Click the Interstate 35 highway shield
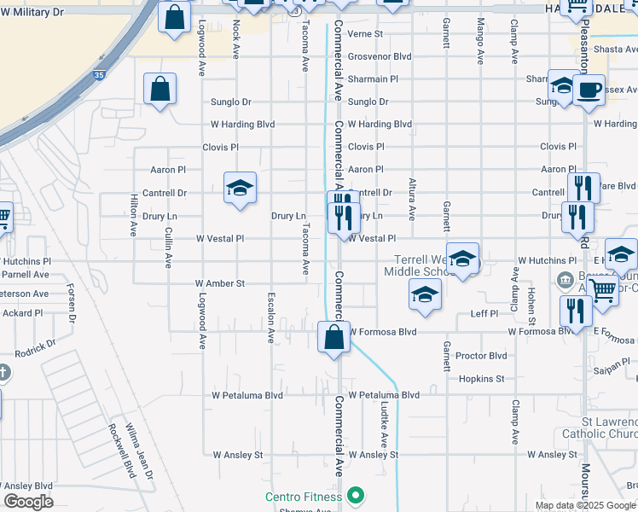[x=100, y=53]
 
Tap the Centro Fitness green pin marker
[x=357, y=496]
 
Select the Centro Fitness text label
[x=303, y=497]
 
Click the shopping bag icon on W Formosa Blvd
[x=333, y=336]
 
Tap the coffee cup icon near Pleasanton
[x=589, y=90]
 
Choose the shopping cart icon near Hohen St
[x=602, y=289]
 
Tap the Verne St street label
[x=365, y=34]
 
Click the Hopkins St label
[x=481, y=379]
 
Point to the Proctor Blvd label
[x=481, y=356]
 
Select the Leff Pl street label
[x=484, y=314]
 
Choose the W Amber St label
[x=219, y=283]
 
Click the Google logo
[x=27, y=502]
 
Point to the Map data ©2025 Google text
[x=585, y=505]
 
